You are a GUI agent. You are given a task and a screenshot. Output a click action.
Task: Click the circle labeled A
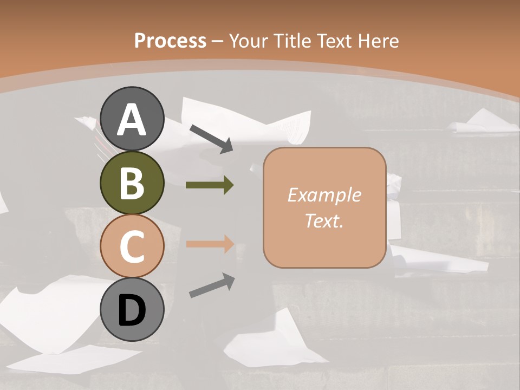132,119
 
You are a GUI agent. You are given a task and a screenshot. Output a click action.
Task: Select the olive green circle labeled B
132,183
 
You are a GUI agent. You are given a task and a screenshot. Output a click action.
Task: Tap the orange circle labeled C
132,246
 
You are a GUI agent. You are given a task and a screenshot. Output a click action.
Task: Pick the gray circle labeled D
132,310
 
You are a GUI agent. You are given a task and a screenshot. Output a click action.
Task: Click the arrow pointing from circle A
211,138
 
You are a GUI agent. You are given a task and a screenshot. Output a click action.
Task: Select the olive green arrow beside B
210,185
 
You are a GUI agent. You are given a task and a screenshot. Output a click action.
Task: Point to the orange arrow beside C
210,244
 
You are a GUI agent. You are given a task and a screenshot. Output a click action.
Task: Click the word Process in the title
170,41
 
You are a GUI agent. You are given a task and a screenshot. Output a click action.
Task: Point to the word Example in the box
324,195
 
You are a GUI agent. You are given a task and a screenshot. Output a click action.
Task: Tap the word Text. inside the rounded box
324,220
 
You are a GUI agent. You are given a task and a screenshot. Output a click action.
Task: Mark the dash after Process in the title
218,41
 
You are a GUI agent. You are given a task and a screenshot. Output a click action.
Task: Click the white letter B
132,183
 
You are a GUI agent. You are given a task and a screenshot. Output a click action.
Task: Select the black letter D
132,310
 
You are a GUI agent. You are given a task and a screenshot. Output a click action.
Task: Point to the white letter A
132,119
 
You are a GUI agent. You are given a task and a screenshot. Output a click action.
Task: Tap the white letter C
132,246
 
